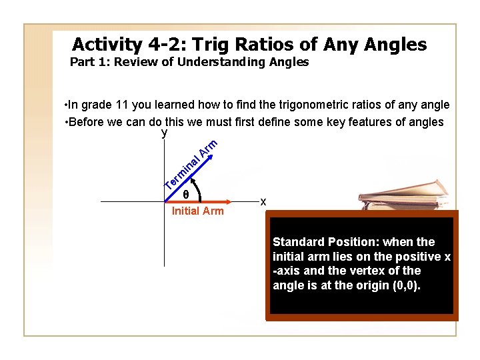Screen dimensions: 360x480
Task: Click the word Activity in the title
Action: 106,45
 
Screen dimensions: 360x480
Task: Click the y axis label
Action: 164,133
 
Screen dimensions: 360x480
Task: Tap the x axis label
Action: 263,201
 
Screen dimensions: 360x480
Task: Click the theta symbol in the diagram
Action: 185,195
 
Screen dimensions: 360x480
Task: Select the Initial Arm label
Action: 197,211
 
